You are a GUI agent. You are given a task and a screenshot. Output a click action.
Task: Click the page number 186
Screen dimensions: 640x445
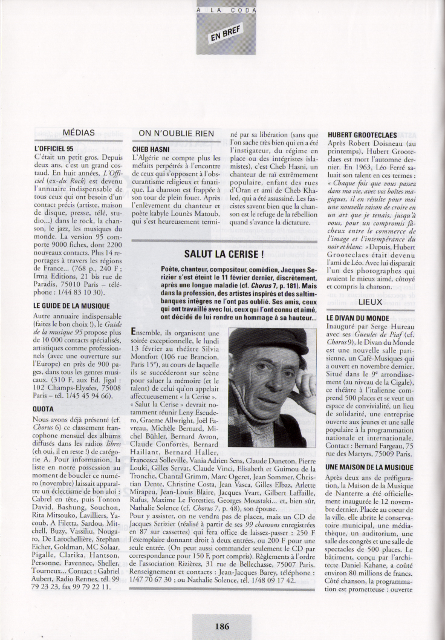(222, 627)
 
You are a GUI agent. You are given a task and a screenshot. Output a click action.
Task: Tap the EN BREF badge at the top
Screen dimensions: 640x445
(221, 36)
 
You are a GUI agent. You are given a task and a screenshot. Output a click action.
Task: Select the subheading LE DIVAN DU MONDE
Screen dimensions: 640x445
(357, 317)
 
